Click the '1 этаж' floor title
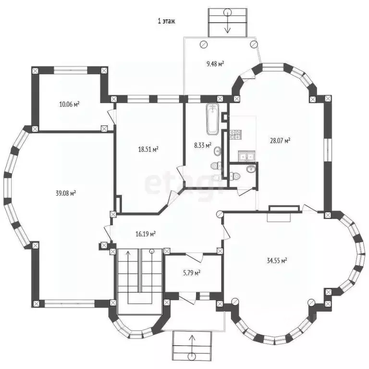click(x=166, y=21)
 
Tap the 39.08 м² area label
click(x=66, y=193)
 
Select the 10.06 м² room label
click(x=69, y=104)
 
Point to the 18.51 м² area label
click(x=148, y=149)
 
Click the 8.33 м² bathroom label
click(x=203, y=145)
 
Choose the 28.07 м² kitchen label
click(x=280, y=141)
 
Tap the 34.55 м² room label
click(x=277, y=260)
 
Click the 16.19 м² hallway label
click(x=146, y=234)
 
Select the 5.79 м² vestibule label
click(x=192, y=273)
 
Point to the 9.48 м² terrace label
click(x=215, y=63)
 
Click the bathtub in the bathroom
click(x=213, y=119)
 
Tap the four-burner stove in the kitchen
click(x=234, y=135)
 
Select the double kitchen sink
click(x=246, y=156)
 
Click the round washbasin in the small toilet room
click(x=251, y=169)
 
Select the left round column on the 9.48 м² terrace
click(x=203, y=45)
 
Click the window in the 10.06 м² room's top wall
click(x=71, y=70)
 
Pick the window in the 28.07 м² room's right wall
click(x=328, y=150)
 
